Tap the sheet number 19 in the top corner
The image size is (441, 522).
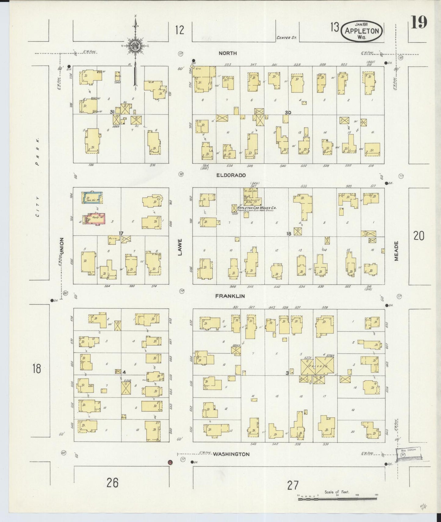419,23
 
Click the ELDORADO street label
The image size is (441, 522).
231,176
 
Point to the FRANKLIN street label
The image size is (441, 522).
230,296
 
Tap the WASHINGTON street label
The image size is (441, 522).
231,454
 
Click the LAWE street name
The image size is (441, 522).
180,247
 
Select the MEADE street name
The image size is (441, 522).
396,251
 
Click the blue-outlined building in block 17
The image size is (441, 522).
92,198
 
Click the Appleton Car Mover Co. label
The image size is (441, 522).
256,208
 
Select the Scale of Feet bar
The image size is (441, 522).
337,499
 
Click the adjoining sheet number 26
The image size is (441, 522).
113,483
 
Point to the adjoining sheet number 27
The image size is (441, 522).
292,485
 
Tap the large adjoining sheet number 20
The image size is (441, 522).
419,236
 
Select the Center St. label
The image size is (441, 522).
286,38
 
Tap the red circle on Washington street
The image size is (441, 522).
170,462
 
